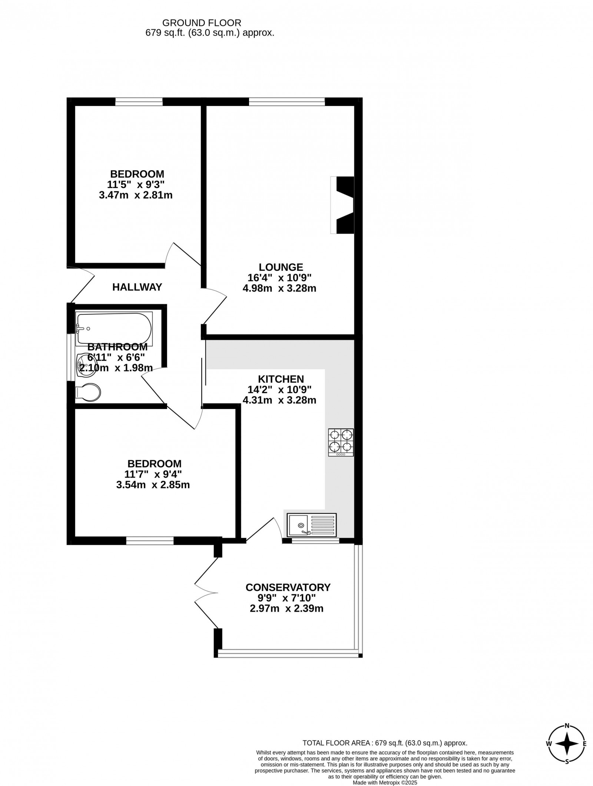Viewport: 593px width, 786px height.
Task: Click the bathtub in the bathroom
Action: coord(114,329)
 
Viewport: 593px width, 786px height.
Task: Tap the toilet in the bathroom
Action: coord(88,393)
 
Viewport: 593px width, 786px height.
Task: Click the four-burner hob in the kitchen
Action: coord(341,442)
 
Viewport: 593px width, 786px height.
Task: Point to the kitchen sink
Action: coord(312,525)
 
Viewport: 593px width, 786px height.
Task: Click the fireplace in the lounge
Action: coord(342,205)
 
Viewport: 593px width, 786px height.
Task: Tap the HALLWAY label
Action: coord(138,287)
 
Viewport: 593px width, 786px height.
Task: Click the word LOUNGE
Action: coord(281,267)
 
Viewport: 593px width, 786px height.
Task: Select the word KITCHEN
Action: coord(281,379)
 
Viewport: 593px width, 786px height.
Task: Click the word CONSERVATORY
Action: coord(288,587)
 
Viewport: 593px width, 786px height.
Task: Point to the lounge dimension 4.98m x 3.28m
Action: coord(279,288)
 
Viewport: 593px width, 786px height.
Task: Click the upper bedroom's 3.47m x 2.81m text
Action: coord(136,195)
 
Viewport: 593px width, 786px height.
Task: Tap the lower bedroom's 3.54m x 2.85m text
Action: coord(153,485)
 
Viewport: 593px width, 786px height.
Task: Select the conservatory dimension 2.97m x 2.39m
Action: coord(286,608)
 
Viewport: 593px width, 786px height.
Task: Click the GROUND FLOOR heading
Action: coord(202,23)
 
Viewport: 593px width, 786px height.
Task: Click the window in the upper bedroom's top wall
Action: coord(139,101)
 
